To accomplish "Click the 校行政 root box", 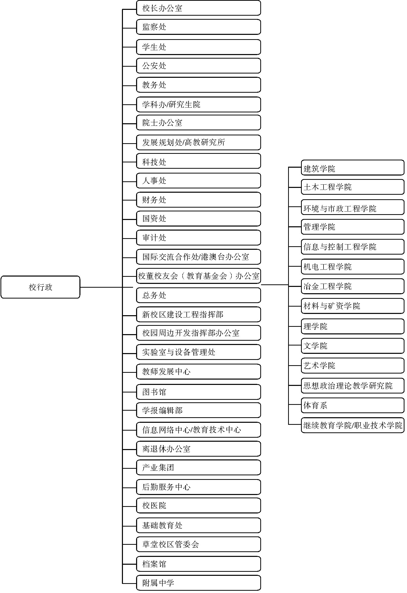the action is click(x=40, y=287).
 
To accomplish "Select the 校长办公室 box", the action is click(x=199, y=8).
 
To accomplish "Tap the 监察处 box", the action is click(x=199, y=27).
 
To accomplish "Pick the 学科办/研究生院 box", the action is click(x=199, y=104).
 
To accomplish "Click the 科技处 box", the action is click(x=199, y=161).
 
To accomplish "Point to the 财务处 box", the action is click(x=199, y=200).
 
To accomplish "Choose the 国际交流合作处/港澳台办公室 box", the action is click(x=199, y=257).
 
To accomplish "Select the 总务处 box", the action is click(x=199, y=295).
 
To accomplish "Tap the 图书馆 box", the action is click(x=199, y=392).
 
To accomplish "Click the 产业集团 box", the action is click(x=199, y=467).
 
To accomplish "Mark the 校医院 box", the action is click(x=199, y=505).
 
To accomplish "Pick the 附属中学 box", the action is click(x=199, y=583).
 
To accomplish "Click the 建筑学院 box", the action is click(x=353, y=168).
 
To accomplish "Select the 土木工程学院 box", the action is click(x=353, y=187).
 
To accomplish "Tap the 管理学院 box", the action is click(x=353, y=227).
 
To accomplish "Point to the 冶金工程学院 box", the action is click(x=353, y=286).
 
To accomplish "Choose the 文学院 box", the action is click(x=353, y=346).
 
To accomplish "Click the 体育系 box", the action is click(x=353, y=405).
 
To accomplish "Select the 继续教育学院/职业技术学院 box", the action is click(x=353, y=425).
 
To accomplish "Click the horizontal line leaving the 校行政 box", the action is click(x=106, y=287).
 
